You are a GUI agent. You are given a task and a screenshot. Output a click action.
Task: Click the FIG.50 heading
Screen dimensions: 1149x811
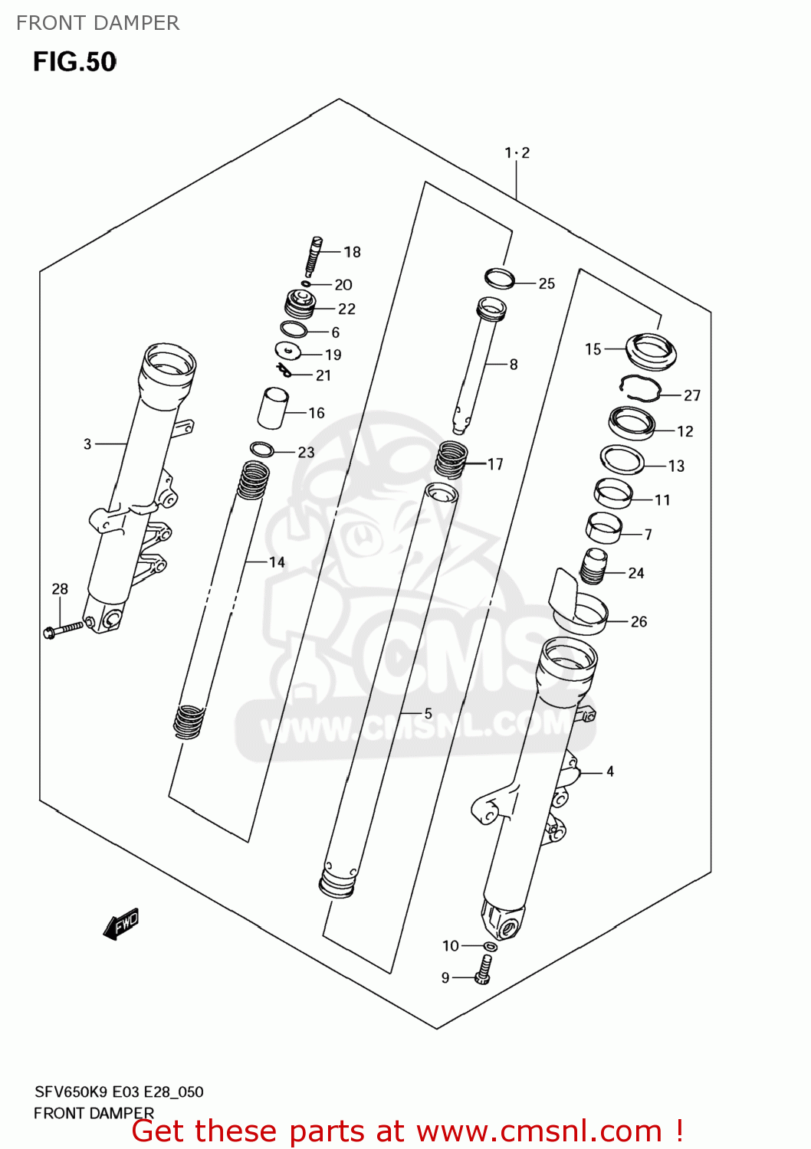coord(74,61)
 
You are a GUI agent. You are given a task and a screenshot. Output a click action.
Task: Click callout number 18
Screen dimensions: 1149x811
coord(352,252)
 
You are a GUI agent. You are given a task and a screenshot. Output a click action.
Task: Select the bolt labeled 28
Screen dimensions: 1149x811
coord(64,629)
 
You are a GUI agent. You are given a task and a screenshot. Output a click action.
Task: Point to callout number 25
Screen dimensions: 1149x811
coord(547,283)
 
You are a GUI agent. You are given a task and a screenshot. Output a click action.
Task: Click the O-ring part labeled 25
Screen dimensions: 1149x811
coord(499,278)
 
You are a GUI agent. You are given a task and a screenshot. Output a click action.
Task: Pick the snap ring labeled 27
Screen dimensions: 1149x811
coord(640,388)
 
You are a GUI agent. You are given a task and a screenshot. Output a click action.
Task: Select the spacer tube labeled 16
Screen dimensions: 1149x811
coord(272,408)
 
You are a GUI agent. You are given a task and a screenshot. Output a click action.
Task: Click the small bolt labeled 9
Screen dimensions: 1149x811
coord(483,969)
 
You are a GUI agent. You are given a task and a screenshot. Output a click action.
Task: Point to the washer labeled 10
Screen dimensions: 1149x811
coord(490,947)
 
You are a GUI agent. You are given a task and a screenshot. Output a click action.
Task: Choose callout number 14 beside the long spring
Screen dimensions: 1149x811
coord(277,562)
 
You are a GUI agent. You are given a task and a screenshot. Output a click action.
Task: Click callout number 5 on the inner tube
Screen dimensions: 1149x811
coord(428,713)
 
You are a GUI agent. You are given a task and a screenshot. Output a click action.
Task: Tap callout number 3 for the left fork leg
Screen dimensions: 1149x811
coord(87,444)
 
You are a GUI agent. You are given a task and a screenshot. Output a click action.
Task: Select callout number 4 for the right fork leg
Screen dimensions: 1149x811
coord(610,771)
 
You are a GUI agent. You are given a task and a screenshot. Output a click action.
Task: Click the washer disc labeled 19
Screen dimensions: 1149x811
coord(288,351)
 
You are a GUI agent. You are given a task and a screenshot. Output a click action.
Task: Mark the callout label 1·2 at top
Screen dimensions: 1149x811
coord(517,152)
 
